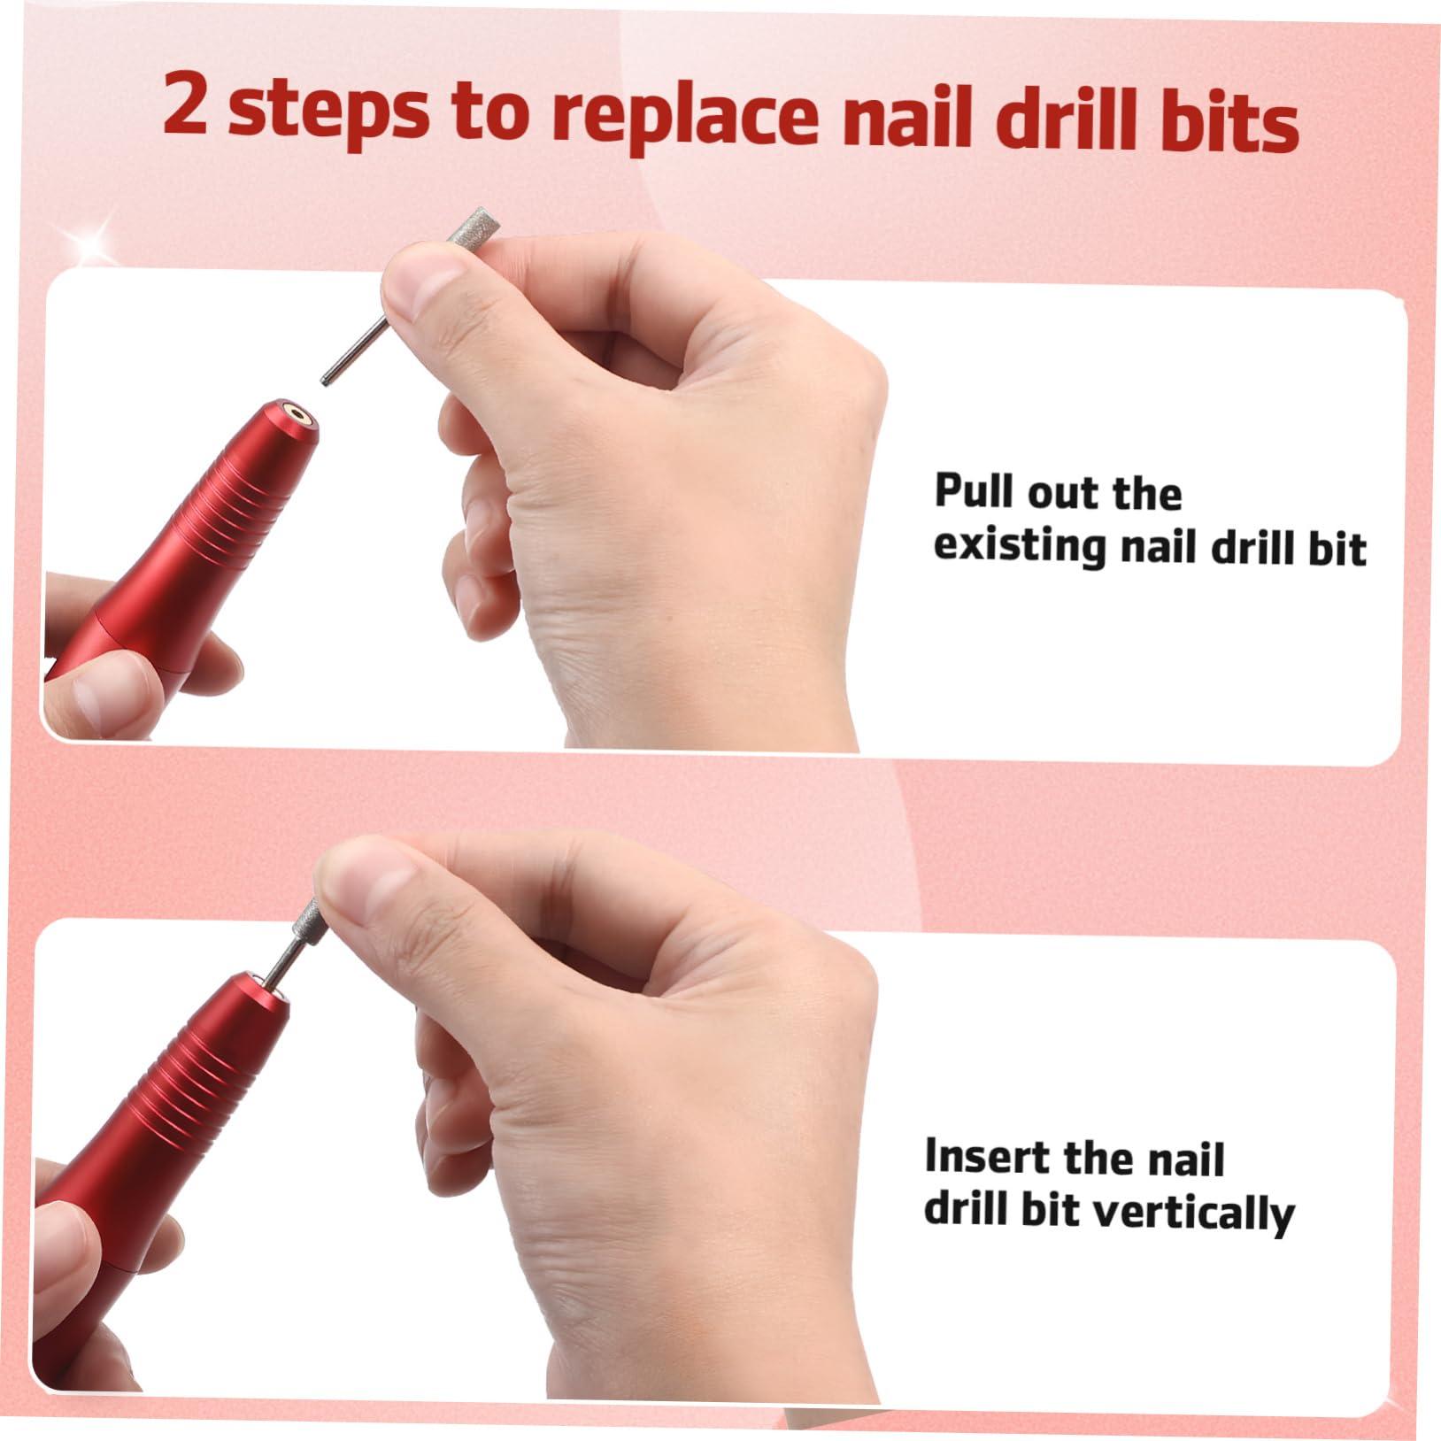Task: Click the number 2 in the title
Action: pos(187,106)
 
